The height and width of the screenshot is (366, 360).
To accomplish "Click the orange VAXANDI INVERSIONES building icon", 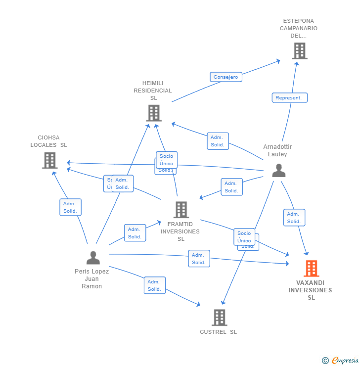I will coord(311,269).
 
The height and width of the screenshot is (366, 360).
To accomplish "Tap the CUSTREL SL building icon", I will coord(219,318).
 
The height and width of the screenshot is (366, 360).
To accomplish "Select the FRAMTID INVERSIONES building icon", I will coord(181,210).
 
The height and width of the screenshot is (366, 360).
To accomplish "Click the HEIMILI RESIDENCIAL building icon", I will coord(154,113).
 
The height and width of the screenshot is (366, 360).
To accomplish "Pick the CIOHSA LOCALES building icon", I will coord(49,160).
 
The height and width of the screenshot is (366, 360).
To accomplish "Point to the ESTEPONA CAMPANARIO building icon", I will coord(299,51).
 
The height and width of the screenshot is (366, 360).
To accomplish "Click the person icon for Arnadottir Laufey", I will coord(279,171).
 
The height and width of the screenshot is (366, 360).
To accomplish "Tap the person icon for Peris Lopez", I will coord(93,258).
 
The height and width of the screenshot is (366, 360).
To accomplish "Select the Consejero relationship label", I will coord(226,77).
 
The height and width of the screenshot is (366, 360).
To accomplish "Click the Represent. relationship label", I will coord(289,98).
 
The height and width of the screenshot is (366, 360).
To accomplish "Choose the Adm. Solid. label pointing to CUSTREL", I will coord(154,285).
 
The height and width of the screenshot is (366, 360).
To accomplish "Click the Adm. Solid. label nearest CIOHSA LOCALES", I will coord(70,207).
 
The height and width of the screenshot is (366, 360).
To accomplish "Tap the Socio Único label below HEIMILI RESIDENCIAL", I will coord(167,160).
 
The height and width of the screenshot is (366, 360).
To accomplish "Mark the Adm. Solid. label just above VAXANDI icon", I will coord(294,218).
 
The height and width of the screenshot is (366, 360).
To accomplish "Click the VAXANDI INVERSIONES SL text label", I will coord(311,290).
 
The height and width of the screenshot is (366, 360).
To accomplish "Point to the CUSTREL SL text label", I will coord(219,332).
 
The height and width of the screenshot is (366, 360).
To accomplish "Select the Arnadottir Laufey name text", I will coord(277,150).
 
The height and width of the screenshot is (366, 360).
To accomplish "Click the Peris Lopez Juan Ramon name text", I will coord(92,278).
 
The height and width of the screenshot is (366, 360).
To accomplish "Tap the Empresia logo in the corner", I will coord(341,361).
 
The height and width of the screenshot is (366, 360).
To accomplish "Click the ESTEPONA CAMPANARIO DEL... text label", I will coord(299,28).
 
